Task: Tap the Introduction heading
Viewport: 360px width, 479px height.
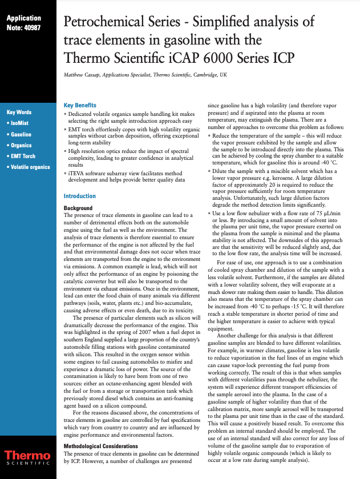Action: [x=79, y=196]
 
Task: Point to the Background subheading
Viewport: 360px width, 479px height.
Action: [x=78, y=208]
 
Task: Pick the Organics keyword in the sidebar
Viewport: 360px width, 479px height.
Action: [x=22, y=145]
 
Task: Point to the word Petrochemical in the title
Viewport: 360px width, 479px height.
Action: [x=107, y=23]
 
